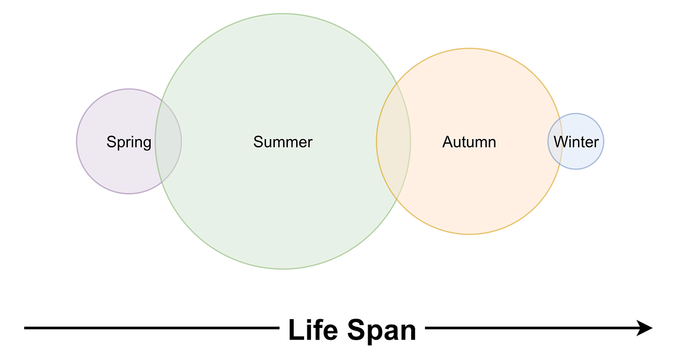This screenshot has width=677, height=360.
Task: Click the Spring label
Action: (129, 142)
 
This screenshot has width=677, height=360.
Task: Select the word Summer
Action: (283, 142)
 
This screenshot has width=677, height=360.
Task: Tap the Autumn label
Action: (469, 142)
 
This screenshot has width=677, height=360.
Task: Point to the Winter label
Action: (576, 142)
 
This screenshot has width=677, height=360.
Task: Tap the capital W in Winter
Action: (560, 142)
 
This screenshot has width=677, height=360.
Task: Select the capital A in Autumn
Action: (447, 142)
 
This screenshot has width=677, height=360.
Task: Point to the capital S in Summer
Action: (258, 142)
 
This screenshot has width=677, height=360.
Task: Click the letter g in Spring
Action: (146, 143)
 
